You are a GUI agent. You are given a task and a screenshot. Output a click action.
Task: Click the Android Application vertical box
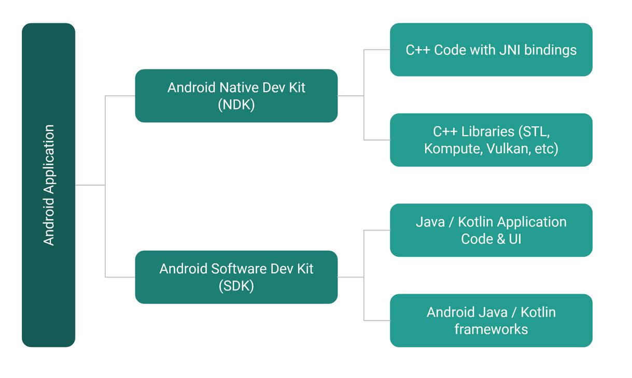coord(48,185)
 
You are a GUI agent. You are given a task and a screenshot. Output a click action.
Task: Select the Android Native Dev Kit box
coord(236,96)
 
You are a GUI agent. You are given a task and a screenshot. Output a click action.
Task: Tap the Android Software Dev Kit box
coord(236,277)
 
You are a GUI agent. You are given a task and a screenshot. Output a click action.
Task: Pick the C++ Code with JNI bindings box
coord(491,50)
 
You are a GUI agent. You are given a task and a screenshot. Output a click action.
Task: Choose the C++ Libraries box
coord(491,140)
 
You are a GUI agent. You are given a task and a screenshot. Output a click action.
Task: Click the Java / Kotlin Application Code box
coord(491,230)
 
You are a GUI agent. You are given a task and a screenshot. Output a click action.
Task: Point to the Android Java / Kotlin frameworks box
coord(491,321)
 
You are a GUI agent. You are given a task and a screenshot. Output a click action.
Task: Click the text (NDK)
coord(236,105)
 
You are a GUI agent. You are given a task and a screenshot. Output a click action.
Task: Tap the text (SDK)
coord(236,286)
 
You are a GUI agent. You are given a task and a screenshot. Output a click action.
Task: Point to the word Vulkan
coord(506,149)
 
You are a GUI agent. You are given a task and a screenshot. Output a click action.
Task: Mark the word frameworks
coord(491,329)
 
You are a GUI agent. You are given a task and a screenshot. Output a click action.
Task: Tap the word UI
coord(514,239)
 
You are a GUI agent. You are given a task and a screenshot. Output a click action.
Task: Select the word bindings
coord(551,50)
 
